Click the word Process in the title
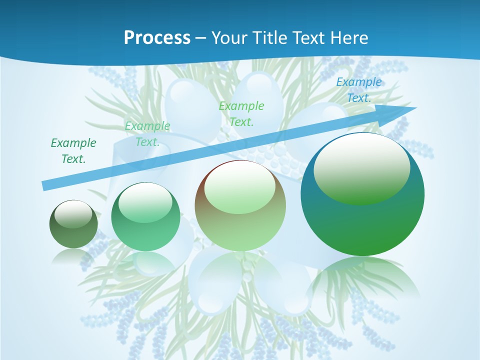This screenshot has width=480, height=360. pos(157,38)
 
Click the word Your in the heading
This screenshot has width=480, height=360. pos(228,38)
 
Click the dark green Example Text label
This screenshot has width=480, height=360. pos(73,151)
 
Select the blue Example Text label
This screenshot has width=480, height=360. pos(358,90)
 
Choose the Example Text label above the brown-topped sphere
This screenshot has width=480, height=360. pos(241,114)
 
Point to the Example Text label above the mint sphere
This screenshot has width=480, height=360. pos(147,134)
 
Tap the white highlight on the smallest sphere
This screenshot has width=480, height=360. pos(73,213)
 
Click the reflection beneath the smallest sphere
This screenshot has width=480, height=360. pos(73,256)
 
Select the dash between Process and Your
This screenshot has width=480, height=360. pos(200,38)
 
